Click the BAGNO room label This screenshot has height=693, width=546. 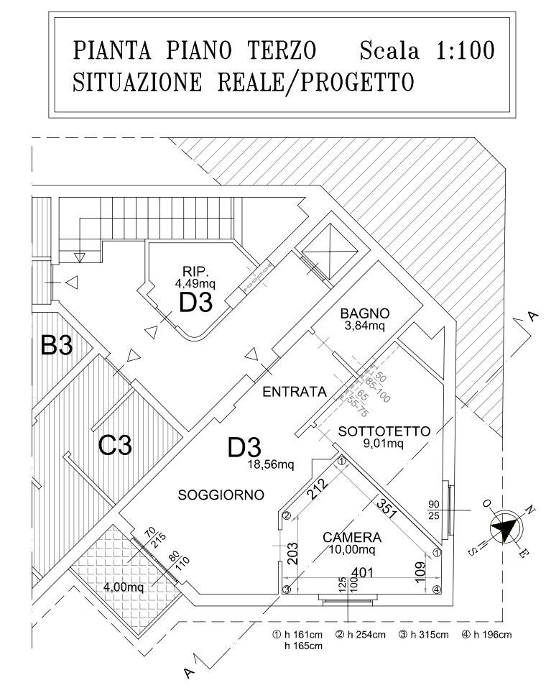tap(365, 313)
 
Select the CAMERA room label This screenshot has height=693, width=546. tap(352, 537)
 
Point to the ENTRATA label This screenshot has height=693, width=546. tap(295, 392)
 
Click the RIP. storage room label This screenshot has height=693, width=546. tap(195, 272)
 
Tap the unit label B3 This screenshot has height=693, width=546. tap(57, 346)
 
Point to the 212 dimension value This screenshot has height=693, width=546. tap(316, 491)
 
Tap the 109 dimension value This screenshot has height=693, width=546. tap(423, 572)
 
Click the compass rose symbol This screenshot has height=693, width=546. tap(505, 528)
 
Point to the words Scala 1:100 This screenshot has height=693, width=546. tap(427, 52)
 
